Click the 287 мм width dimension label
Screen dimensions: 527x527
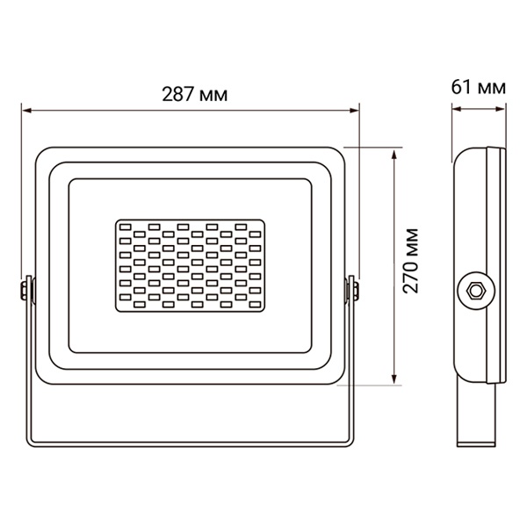click(195, 95)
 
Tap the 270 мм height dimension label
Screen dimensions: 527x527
click(411, 261)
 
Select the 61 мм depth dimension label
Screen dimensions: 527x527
click(479, 87)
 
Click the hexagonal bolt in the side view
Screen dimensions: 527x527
click(475, 291)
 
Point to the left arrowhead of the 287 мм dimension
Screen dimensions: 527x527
click(26, 111)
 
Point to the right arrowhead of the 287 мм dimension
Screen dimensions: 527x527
click(355, 111)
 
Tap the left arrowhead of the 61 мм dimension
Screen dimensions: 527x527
click(457, 109)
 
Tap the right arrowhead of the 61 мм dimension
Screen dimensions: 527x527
click(501, 109)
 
